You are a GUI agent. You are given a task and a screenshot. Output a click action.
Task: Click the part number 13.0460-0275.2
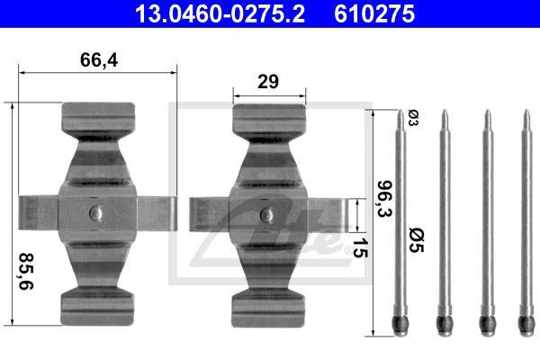point(220,14)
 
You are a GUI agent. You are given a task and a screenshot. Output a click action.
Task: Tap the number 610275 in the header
point(374,14)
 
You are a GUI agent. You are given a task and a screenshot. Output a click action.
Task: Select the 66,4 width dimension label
point(99,60)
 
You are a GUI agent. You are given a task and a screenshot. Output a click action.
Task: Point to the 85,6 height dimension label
point(26,271)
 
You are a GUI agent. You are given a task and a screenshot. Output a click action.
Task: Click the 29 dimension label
point(268,82)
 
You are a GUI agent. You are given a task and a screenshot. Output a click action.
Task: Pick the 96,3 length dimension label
point(384,199)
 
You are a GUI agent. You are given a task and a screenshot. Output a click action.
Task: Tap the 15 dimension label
point(360,247)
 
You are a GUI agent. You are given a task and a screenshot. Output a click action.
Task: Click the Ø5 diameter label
point(417,240)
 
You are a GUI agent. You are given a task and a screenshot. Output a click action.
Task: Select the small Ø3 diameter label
point(413,118)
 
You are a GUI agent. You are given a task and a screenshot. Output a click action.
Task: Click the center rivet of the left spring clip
point(96,212)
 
